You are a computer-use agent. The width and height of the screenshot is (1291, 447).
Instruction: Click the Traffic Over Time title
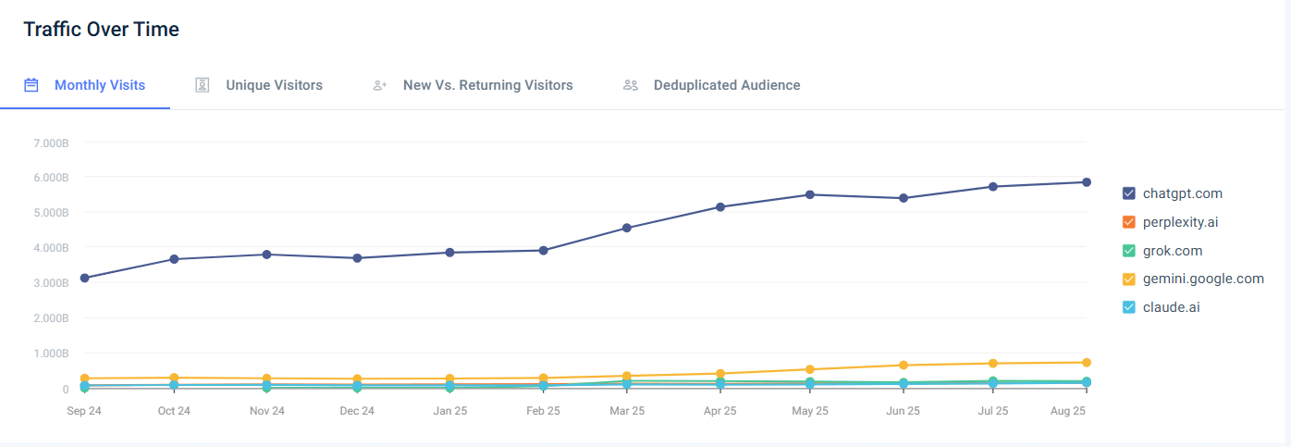pyautogui.click(x=101, y=30)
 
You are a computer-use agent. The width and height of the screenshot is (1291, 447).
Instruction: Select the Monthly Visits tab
pyautogui.click(x=99, y=85)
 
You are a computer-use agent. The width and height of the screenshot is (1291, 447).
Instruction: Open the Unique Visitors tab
pyautogui.click(x=274, y=85)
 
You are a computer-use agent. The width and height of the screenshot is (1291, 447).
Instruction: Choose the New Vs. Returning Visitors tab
pyautogui.click(x=487, y=85)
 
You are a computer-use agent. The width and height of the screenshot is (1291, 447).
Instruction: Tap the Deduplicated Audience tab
pyautogui.click(x=726, y=85)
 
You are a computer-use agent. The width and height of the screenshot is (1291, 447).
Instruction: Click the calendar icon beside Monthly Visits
pyautogui.click(x=31, y=85)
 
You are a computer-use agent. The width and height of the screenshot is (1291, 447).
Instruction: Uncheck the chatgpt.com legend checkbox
pyautogui.click(x=1128, y=193)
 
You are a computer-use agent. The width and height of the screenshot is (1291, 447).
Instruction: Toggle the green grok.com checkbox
pyautogui.click(x=1128, y=251)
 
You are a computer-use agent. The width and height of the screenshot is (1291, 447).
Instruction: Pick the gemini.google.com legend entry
pyautogui.click(x=1202, y=279)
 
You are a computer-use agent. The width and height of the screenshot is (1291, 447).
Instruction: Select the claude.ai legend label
pyautogui.click(x=1171, y=307)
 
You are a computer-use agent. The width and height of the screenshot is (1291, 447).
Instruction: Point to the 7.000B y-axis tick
pyautogui.click(x=52, y=143)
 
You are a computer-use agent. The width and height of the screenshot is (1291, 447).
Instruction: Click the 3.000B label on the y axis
pyautogui.click(x=52, y=283)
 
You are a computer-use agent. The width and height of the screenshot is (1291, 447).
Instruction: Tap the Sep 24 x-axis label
pyautogui.click(x=84, y=411)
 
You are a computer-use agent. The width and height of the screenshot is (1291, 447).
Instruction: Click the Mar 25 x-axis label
pyautogui.click(x=627, y=411)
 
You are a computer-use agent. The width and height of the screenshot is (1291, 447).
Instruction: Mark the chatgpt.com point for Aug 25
pyautogui.click(x=1087, y=182)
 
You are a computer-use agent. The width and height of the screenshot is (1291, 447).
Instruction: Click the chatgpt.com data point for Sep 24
pyautogui.click(x=84, y=278)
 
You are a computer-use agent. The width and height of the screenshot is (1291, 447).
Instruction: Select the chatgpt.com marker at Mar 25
pyautogui.click(x=627, y=228)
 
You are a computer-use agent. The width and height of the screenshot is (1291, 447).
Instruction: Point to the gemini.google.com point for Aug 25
pyautogui.click(x=1087, y=363)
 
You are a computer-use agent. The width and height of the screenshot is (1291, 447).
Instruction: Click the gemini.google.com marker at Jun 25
pyautogui.click(x=904, y=366)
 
